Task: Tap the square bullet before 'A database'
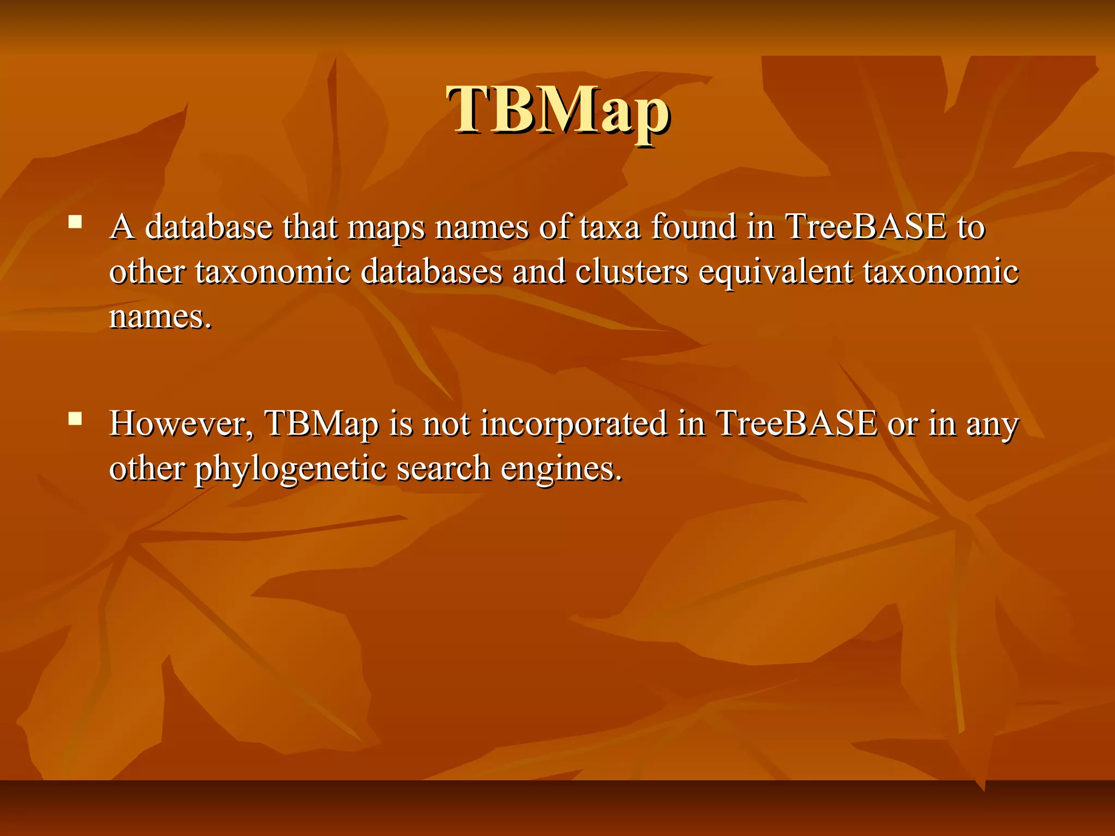point(75,222)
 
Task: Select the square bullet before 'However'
point(75,418)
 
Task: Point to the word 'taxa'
point(610,226)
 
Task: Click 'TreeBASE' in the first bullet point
point(866,226)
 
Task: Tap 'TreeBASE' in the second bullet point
point(797,423)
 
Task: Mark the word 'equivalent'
point(776,272)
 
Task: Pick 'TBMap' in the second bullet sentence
point(321,425)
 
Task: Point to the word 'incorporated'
point(574,425)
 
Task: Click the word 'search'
point(443,468)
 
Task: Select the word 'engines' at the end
point(561,469)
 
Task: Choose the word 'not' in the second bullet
point(446,423)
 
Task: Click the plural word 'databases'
point(431,271)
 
